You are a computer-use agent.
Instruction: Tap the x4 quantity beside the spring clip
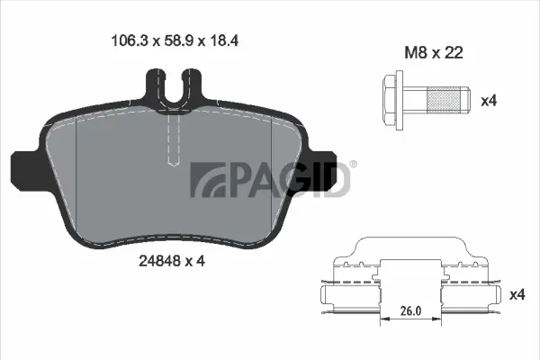coord(517,294)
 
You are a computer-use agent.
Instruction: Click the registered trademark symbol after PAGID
coord(353,165)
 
